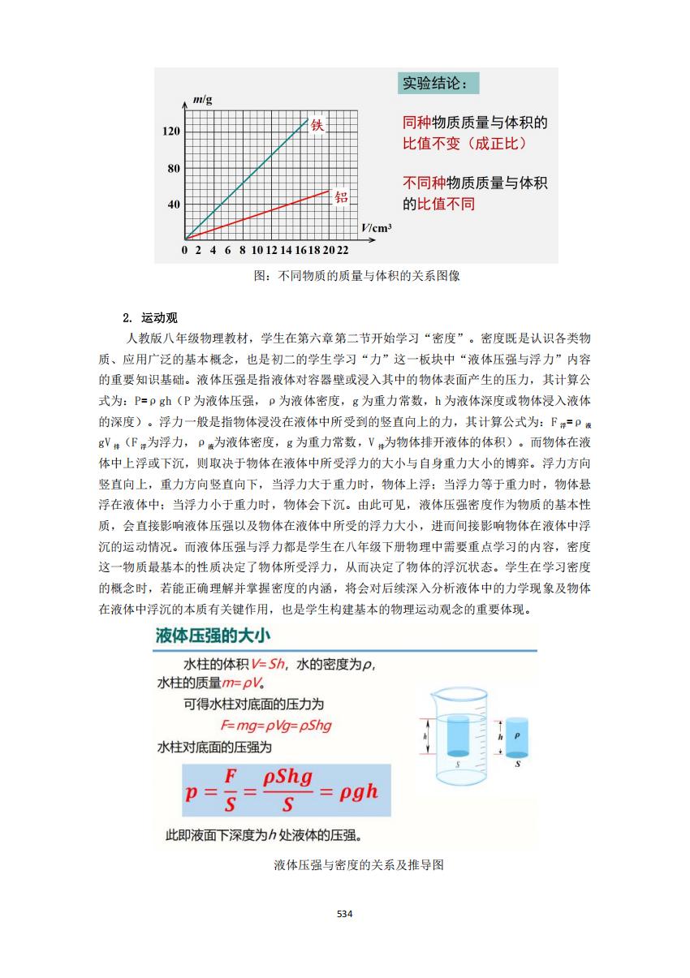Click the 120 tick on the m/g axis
click(x=171, y=131)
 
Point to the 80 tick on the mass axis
click(x=173, y=169)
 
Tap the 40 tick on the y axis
click(x=173, y=205)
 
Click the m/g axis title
click(x=203, y=100)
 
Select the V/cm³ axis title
click(x=376, y=227)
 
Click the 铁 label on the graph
click(x=317, y=126)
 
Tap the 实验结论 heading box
click(x=439, y=83)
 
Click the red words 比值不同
click(x=446, y=204)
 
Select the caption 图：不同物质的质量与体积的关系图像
click(x=356, y=275)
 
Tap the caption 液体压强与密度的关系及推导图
click(x=360, y=865)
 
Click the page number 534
click(x=344, y=914)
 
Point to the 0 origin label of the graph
click(x=185, y=249)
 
